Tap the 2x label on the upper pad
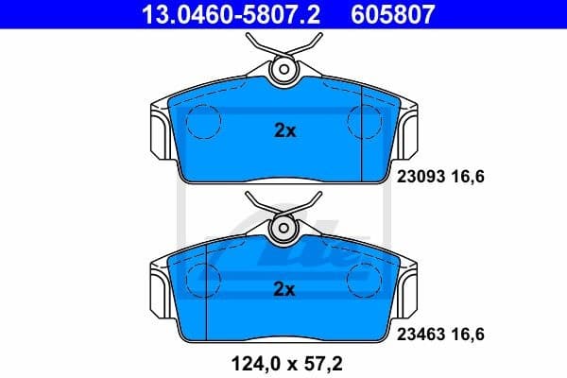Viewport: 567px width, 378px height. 284,131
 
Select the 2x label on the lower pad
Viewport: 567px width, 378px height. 284,288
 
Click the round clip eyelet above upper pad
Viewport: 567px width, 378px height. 284,70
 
